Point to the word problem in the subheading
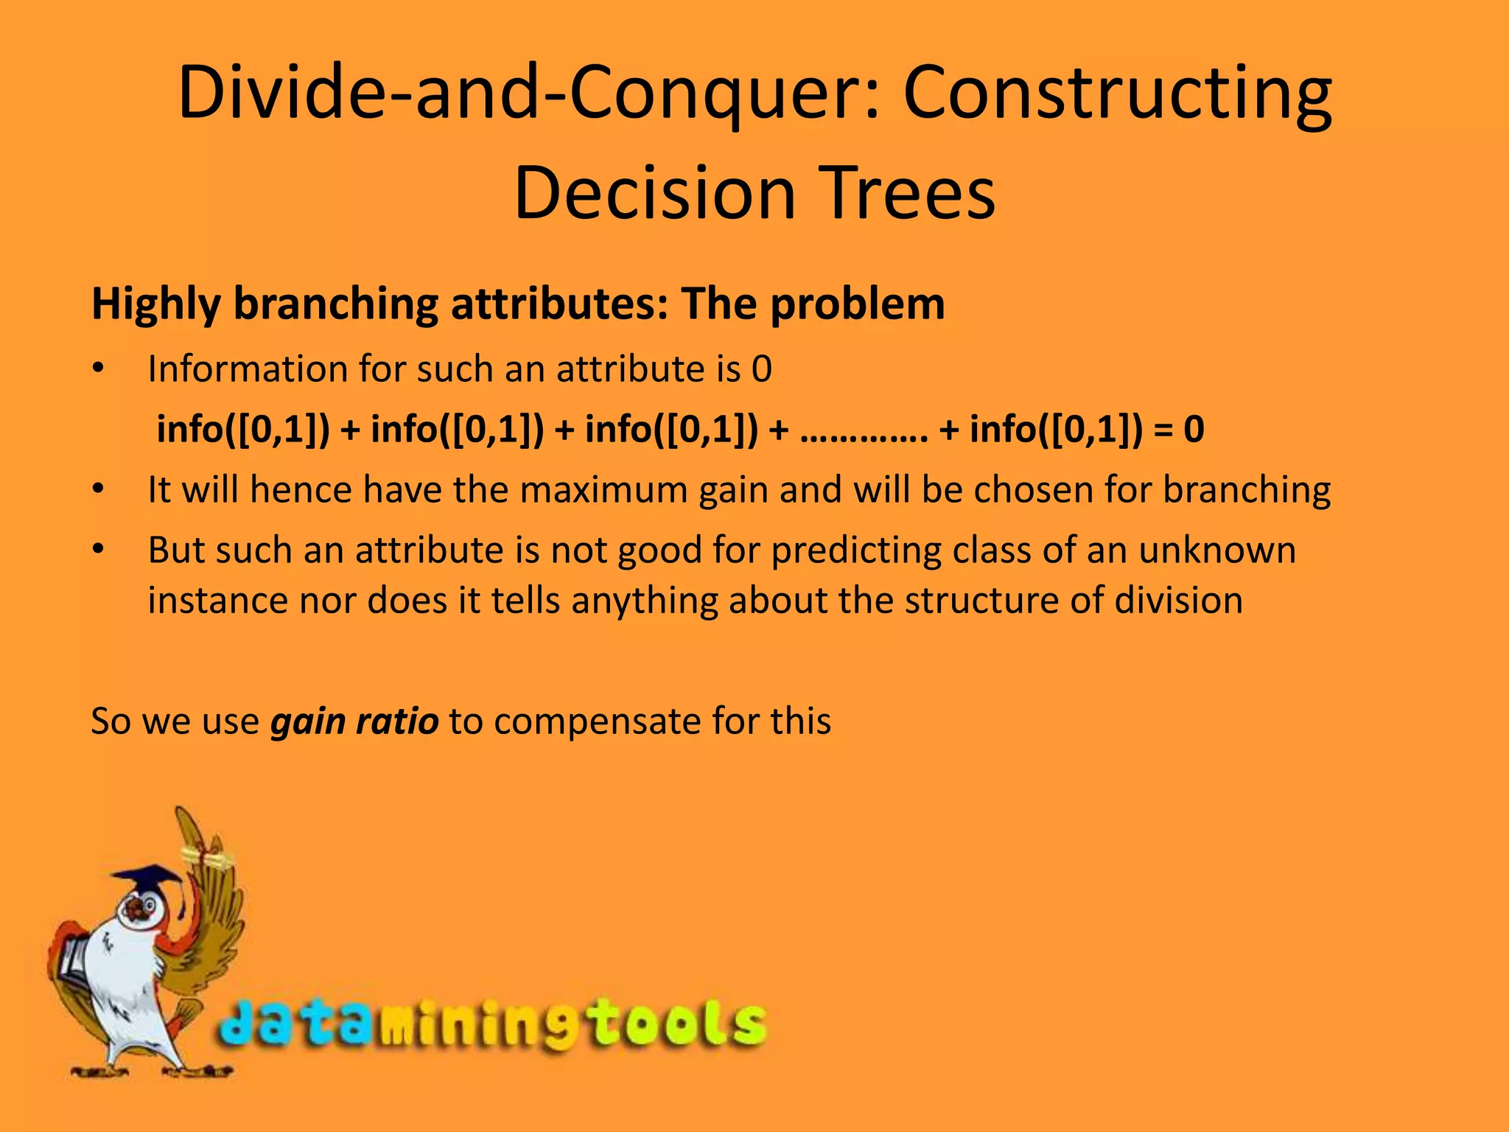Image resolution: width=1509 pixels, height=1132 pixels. coord(857,304)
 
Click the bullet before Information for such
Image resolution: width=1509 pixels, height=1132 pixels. coord(99,369)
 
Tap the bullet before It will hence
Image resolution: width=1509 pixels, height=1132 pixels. coord(99,490)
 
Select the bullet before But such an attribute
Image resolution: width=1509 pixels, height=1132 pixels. coord(99,551)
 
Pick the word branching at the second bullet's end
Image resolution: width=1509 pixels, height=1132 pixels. coord(1247,490)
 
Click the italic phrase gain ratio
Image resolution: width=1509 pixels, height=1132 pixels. coord(354,721)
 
